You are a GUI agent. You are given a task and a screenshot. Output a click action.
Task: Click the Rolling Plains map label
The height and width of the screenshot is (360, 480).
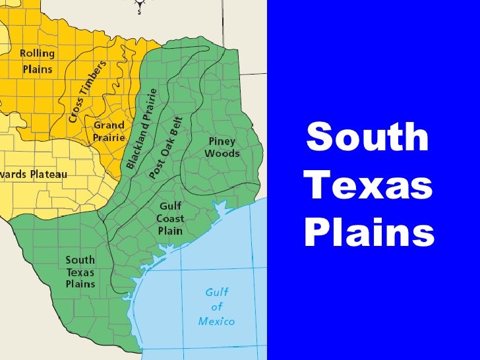pyautogui.click(x=37, y=60)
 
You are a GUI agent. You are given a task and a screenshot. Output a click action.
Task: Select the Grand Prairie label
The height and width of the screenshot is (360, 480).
pyautogui.click(x=108, y=130)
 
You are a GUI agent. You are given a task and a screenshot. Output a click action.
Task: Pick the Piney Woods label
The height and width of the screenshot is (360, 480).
pyautogui.click(x=222, y=148)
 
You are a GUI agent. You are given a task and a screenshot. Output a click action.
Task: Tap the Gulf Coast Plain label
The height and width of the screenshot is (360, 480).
pyautogui.click(x=169, y=218)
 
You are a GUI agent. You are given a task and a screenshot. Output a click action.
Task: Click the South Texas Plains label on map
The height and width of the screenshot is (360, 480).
pyautogui.click(x=80, y=272)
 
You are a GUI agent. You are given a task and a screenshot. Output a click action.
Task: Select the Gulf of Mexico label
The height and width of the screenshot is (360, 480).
pyautogui.click(x=216, y=307)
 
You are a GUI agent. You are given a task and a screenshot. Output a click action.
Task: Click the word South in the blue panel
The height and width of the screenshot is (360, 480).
pyautogui.click(x=367, y=137)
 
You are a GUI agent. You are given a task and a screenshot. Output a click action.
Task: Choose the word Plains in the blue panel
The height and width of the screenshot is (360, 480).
pyautogui.click(x=369, y=233)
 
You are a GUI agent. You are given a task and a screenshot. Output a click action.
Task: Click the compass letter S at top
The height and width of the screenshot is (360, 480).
pyautogui.click(x=139, y=11)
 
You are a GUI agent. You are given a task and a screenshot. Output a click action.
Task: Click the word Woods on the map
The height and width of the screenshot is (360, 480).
pyautogui.click(x=222, y=154)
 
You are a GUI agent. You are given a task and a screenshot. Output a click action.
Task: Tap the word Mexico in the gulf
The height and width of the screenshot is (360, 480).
pyautogui.click(x=216, y=322)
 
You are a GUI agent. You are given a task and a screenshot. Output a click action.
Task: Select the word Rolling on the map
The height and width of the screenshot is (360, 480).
pyautogui.click(x=37, y=53)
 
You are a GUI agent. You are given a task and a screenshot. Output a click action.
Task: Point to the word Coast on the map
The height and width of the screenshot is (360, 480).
pyautogui.click(x=169, y=218)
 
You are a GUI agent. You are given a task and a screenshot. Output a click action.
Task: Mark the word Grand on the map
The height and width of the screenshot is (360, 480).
pyautogui.click(x=108, y=125)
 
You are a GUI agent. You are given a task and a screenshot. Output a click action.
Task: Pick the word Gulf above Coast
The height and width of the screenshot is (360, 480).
pyautogui.click(x=169, y=206)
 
